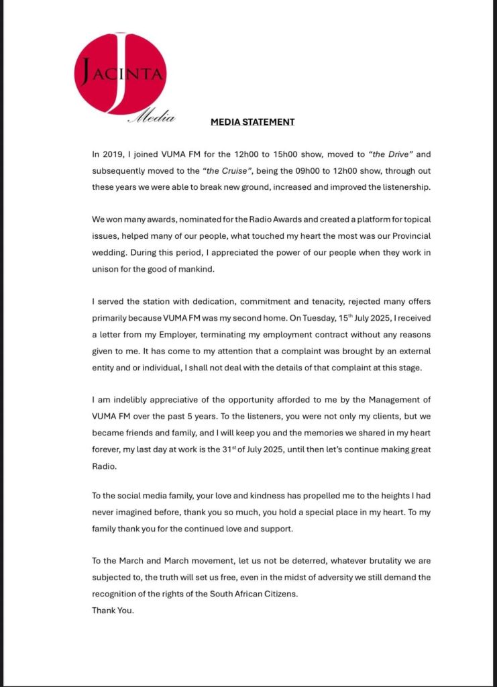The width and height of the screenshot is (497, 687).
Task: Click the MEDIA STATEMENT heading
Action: click(x=253, y=122)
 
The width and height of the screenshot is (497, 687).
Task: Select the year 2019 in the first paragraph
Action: click(x=113, y=155)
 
